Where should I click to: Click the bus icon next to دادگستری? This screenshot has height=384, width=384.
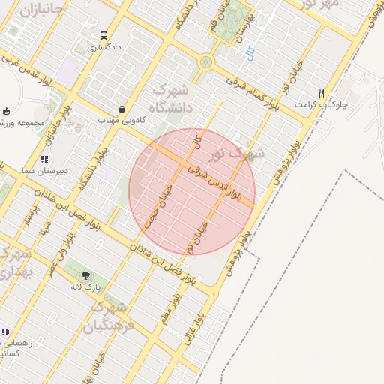click(x=103, y=34)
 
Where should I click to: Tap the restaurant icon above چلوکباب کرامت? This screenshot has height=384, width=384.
click(x=321, y=93)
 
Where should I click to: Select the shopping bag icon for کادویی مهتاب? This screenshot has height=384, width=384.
click(x=121, y=108)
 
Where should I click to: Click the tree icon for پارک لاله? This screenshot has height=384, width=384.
click(x=86, y=275)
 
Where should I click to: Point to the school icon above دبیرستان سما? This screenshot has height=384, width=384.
click(x=45, y=159)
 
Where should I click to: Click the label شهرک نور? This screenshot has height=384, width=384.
click(x=238, y=155)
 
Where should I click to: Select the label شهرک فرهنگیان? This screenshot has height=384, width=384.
click(x=109, y=316)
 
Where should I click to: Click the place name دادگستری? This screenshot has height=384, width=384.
click(x=103, y=47)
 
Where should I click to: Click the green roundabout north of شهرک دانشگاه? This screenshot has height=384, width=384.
click(x=205, y=61)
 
